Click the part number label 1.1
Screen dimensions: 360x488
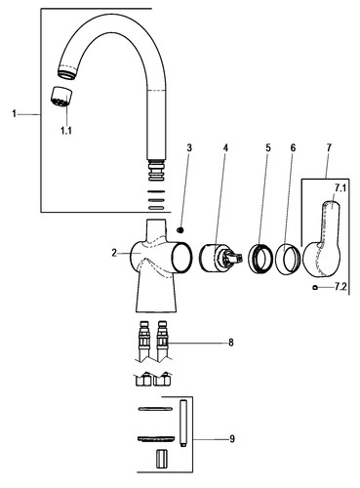[x=66, y=131]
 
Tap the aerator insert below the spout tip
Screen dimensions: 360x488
[x=61, y=97]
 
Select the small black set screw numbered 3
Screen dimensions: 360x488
[x=180, y=230]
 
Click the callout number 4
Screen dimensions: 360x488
[x=225, y=148]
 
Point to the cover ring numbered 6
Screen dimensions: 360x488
[x=287, y=260]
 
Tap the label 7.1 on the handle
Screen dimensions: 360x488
[x=340, y=188]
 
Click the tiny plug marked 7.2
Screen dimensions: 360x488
[x=314, y=287]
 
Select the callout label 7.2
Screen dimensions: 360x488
[x=340, y=287]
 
